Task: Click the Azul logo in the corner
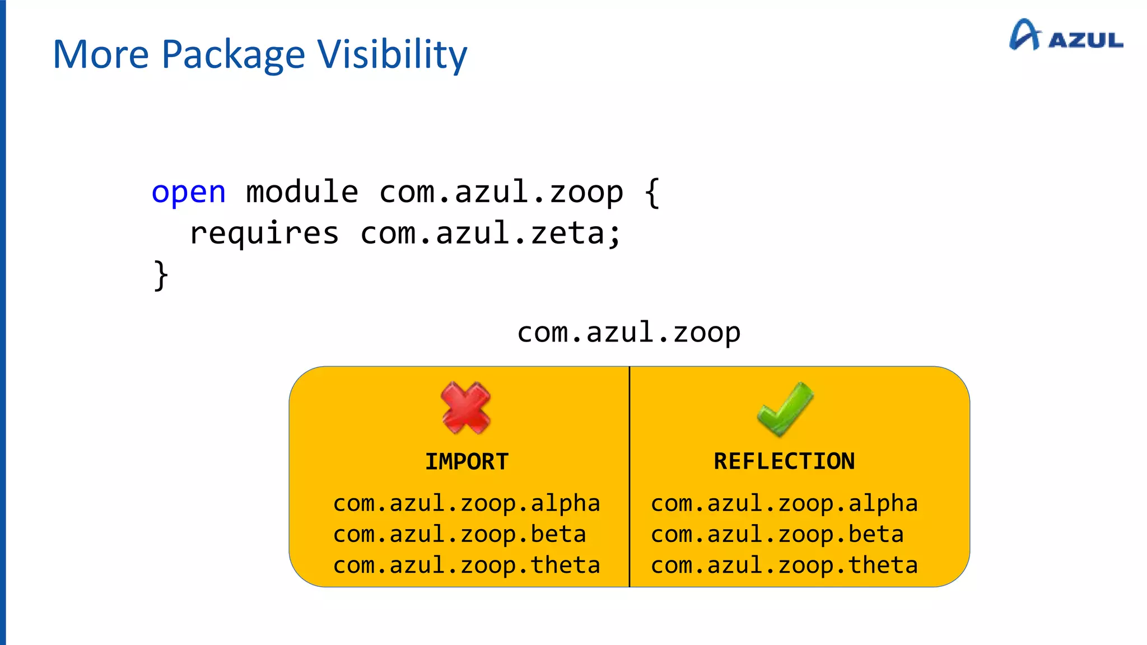pyautogui.click(x=1065, y=36)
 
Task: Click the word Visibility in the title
pyautogui.click(x=392, y=55)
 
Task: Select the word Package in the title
pyautogui.click(x=233, y=55)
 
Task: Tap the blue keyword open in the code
pyautogui.click(x=189, y=193)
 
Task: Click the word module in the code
pyautogui.click(x=302, y=192)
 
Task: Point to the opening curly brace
pyautogui.click(x=652, y=193)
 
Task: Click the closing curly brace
pyautogui.click(x=161, y=275)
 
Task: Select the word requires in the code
pyautogui.click(x=264, y=233)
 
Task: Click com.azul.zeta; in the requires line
pyautogui.click(x=491, y=233)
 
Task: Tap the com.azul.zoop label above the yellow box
pyautogui.click(x=628, y=333)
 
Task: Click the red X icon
pyautogui.click(x=465, y=408)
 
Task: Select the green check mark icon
pyautogui.click(x=785, y=409)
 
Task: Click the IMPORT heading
pyautogui.click(x=467, y=462)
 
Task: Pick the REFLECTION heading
pyautogui.click(x=784, y=461)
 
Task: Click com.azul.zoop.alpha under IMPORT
pyautogui.click(x=467, y=503)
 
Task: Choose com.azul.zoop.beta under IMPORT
pyautogui.click(x=459, y=534)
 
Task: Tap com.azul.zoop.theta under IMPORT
pyautogui.click(x=467, y=565)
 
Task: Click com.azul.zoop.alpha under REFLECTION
pyautogui.click(x=784, y=503)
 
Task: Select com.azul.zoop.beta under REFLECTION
pyautogui.click(x=777, y=534)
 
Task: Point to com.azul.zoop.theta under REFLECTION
pyautogui.click(x=784, y=565)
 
